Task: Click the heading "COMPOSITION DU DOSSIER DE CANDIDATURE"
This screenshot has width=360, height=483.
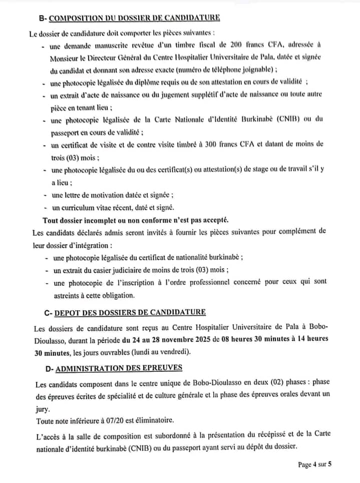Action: pyautogui.click(x=135, y=18)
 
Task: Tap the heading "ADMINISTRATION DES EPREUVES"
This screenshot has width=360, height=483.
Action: pyautogui.click(x=119, y=368)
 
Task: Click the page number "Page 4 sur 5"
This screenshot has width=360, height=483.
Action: pyautogui.click(x=315, y=464)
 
